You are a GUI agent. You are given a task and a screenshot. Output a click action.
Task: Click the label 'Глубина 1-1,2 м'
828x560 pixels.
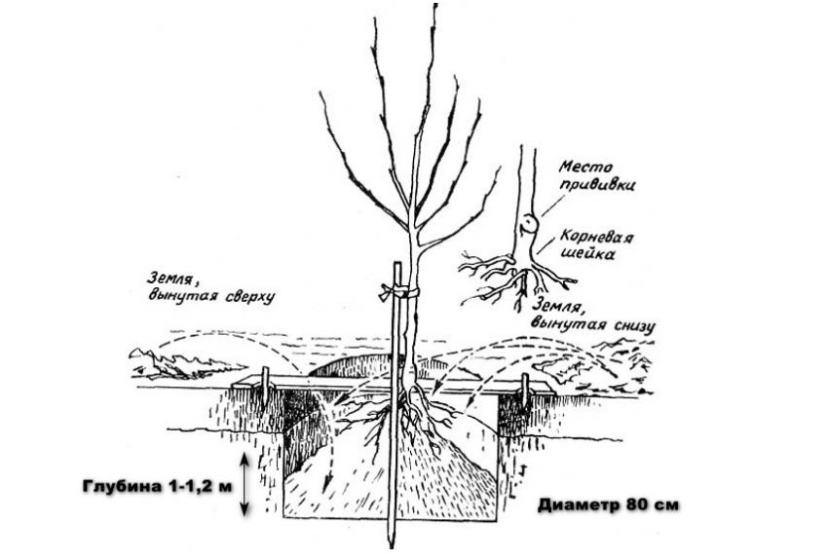pyautogui.click(x=158, y=486)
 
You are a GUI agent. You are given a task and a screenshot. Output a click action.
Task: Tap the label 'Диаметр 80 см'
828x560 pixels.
pyautogui.click(x=608, y=505)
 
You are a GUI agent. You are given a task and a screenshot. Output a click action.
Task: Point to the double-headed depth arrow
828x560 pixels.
pyautogui.click(x=244, y=485)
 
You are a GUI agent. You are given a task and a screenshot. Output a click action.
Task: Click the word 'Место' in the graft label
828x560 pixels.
pyautogui.click(x=585, y=168)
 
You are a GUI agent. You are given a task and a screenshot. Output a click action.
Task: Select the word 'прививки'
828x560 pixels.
pyautogui.click(x=597, y=186)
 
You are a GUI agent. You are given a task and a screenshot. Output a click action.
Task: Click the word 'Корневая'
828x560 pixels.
pyautogui.click(x=596, y=237)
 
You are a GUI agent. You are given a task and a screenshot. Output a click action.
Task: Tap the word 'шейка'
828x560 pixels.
pyautogui.click(x=588, y=254)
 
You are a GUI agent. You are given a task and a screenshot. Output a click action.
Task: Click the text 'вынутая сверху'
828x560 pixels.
pyautogui.click(x=211, y=296)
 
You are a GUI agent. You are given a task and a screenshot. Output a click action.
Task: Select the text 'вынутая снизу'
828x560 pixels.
pyautogui.click(x=593, y=323)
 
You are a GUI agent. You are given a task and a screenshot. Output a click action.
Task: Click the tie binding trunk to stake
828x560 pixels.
pyautogui.click(x=398, y=291)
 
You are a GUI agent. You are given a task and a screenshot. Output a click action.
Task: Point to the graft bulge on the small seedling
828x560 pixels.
pyautogui.click(x=528, y=224)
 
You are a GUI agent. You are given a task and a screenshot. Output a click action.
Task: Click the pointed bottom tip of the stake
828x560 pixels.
pyautogui.click(x=392, y=546)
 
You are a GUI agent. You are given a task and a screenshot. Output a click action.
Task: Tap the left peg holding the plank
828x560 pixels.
pyautogui.click(x=266, y=388)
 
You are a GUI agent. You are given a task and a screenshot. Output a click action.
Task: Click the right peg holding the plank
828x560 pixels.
pyautogui.click(x=525, y=390)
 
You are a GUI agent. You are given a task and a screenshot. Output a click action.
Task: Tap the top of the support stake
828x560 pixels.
pyautogui.click(x=396, y=263)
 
